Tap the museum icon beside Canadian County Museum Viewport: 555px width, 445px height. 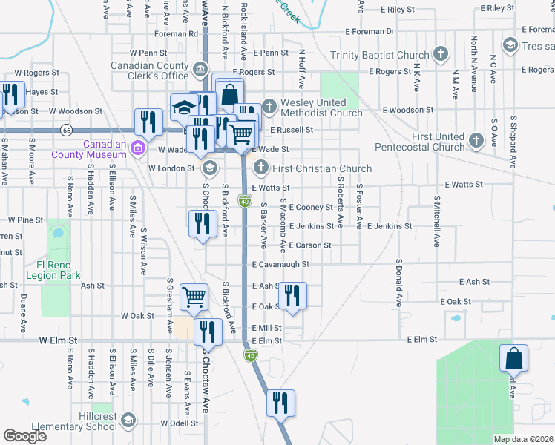point(137,149)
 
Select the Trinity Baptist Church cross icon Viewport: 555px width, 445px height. point(441,54)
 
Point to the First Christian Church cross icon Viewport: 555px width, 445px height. point(260,168)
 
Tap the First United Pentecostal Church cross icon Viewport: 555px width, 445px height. point(477,139)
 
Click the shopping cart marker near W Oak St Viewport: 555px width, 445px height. point(194,296)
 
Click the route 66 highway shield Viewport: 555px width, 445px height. point(67,130)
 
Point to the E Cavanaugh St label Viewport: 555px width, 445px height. point(280,264)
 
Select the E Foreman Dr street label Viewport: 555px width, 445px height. point(370,32)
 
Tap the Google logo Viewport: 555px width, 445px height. point(25,436)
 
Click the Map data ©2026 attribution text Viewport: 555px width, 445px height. point(523,439)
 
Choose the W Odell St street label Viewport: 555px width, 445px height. point(180,423)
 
